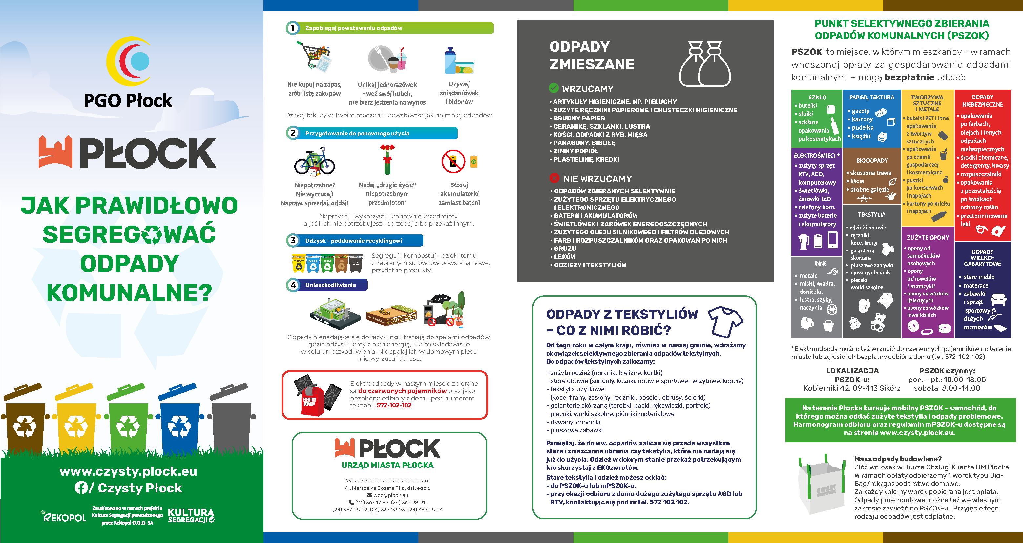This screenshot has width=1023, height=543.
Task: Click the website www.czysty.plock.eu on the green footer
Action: [128, 472]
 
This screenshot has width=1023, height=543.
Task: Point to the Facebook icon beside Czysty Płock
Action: [81, 488]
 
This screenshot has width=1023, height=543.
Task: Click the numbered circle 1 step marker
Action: [293, 28]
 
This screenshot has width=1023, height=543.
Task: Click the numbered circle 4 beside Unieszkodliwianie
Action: [293, 285]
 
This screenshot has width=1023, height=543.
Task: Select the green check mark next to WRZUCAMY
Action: [553, 88]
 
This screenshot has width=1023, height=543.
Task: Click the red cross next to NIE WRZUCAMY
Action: [554, 178]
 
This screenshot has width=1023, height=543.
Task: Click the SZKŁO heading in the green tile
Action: [817, 97]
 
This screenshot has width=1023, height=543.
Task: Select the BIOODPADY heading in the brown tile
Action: [872, 161]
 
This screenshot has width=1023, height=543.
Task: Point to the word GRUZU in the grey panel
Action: [565, 249]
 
